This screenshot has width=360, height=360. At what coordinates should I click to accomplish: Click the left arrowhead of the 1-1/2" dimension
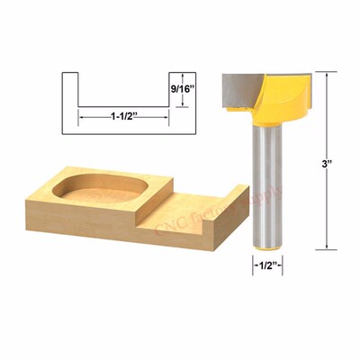click(82, 116)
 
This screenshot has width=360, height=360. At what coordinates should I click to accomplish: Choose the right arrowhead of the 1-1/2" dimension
click(164, 116)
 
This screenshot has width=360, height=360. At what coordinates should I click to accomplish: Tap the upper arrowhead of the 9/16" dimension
click(184, 76)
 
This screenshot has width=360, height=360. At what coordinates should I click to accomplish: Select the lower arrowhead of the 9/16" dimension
click(184, 104)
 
